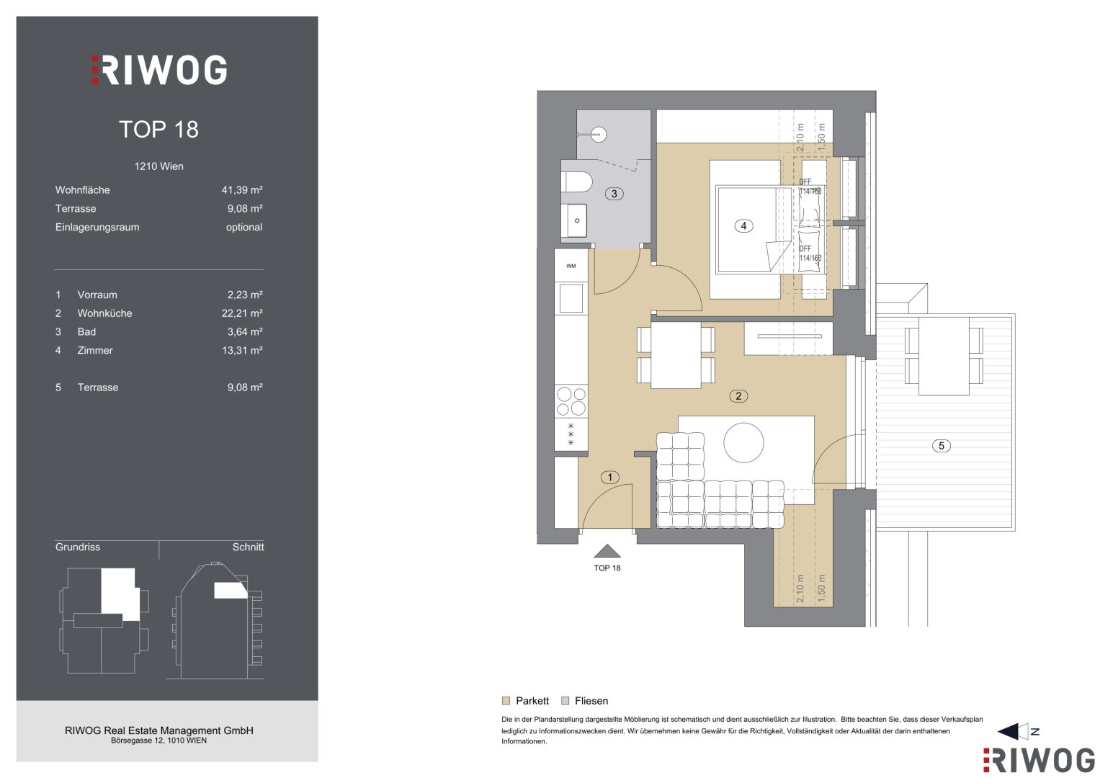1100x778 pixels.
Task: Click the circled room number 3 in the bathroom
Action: pyautogui.click(x=614, y=194)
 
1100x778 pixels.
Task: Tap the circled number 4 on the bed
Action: pyautogui.click(x=743, y=226)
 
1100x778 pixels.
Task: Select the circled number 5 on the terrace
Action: pyautogui.click(x=942, y=446)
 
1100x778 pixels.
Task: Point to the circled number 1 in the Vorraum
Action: pyautogui.click(x=610, y=478)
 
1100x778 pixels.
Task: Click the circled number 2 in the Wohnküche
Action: pyautogui.click(x=738, y=396)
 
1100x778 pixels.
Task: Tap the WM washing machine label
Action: pyautogui.click(x=571, y=267)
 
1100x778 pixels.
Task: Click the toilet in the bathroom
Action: pyautogui.click(x=576, y=182)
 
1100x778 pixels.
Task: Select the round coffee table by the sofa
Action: pyautogui.click(x=743, y=442)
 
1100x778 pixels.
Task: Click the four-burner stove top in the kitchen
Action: pyautogui.click(x=571, y=401)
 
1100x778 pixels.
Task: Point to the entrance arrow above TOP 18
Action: pyautogui.click(x=607, y=551)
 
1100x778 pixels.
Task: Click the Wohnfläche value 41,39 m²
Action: pyautogui.click(x=242, y=190)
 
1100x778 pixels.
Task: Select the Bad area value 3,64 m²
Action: pyautogui.click(x=245, y=332)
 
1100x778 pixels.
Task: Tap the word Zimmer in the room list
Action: pyautogui.click(x=95, y=351)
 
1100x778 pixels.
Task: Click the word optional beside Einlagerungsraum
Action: pyautogui.click(x=244, y=228)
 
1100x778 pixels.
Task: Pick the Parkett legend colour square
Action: pyautogui.click(x=506, y=701)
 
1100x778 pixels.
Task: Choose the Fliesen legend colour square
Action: pyautogui.click(x=565, y=701)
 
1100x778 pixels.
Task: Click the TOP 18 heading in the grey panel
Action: pyautogui.click(x=158, y=129)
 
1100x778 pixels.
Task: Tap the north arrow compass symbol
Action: pyautogui.click(x=1017, y=731)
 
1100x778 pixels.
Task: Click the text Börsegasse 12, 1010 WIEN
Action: pyautogui.click(x=158, y=741)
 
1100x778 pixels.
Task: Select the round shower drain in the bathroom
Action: pyautogui.click(x=599, y=134)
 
